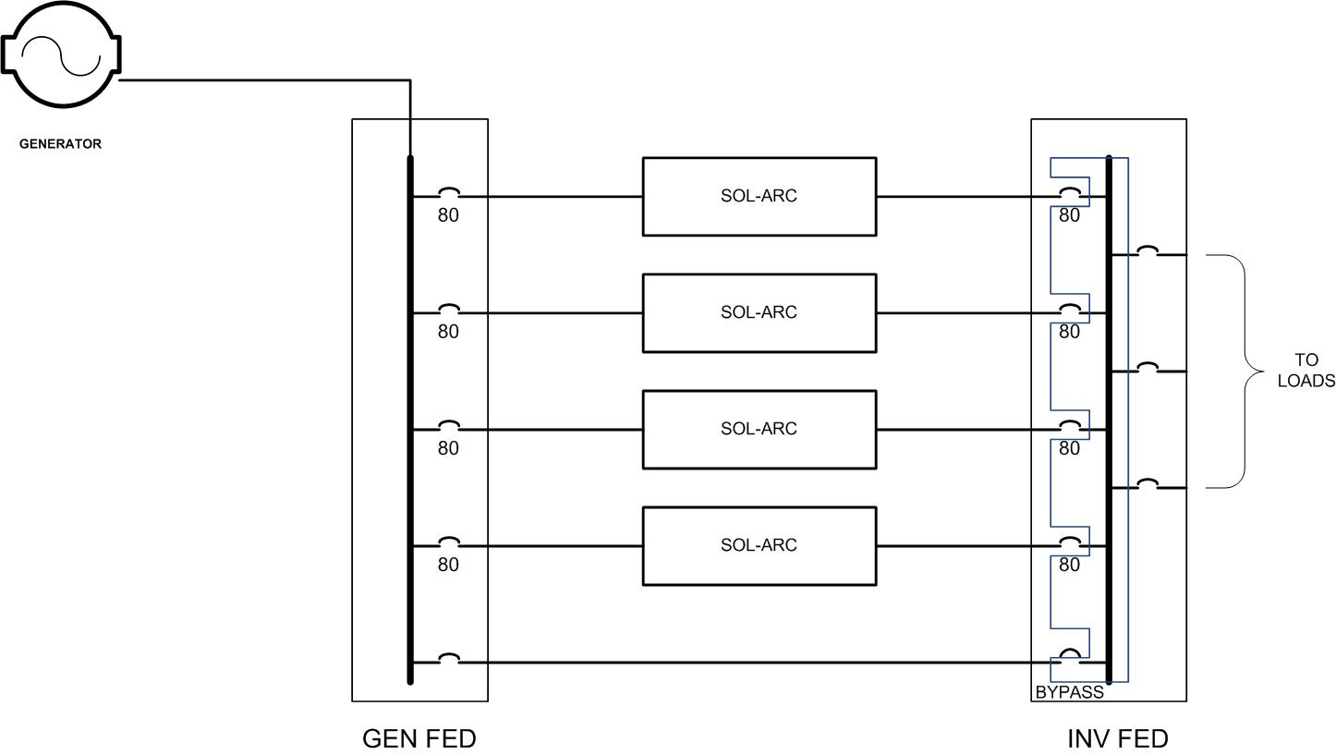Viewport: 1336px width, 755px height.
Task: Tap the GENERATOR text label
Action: tap(60, 144)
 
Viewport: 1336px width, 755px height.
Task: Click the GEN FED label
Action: tap(419, 739)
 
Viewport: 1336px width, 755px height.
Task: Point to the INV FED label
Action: tap(1117, 739)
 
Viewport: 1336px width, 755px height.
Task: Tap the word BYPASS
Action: tap(1069, 692)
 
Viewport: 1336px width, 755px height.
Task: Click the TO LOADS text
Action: tap(1306, 371)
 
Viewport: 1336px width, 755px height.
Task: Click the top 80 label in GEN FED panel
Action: tap(448, 215)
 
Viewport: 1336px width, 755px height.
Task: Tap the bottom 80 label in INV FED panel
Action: tap(1069, 565)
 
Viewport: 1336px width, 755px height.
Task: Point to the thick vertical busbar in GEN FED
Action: tap(409, 420)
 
